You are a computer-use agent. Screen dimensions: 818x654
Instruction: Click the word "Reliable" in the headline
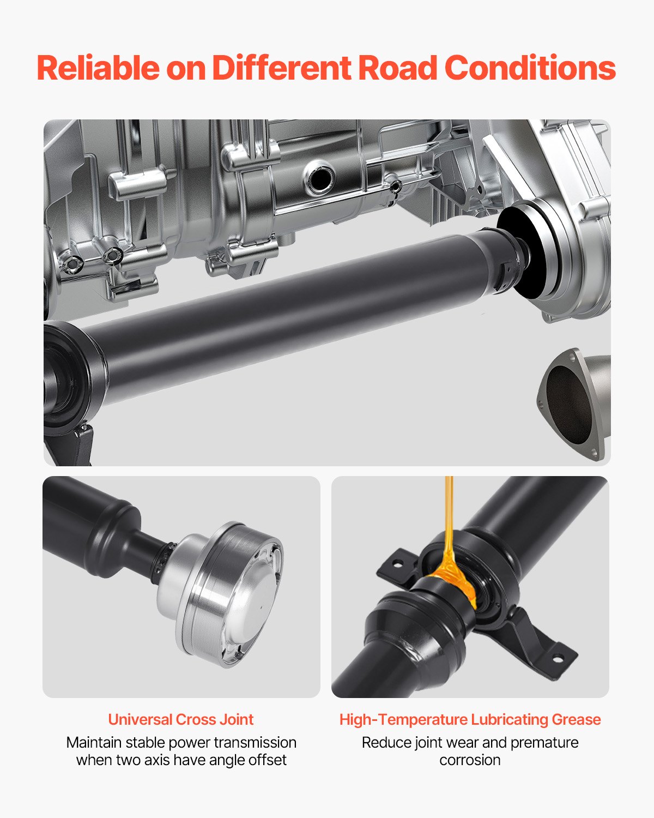[x=98, y=68]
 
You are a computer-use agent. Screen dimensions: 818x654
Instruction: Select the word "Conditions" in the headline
[x=530, y=68]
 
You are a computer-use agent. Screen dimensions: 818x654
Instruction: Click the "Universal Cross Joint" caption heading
[x=181, y=719]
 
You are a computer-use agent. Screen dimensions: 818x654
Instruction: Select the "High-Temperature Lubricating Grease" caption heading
[x=470, y=719]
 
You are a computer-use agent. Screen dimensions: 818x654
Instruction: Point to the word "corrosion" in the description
[x=470, y=760]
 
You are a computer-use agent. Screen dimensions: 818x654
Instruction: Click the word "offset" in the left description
[x=267, y=760]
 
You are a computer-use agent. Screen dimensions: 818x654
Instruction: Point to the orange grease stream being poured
[x=449, y=524]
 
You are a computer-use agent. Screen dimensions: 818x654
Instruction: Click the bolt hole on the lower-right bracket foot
[x=557, y=658]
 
